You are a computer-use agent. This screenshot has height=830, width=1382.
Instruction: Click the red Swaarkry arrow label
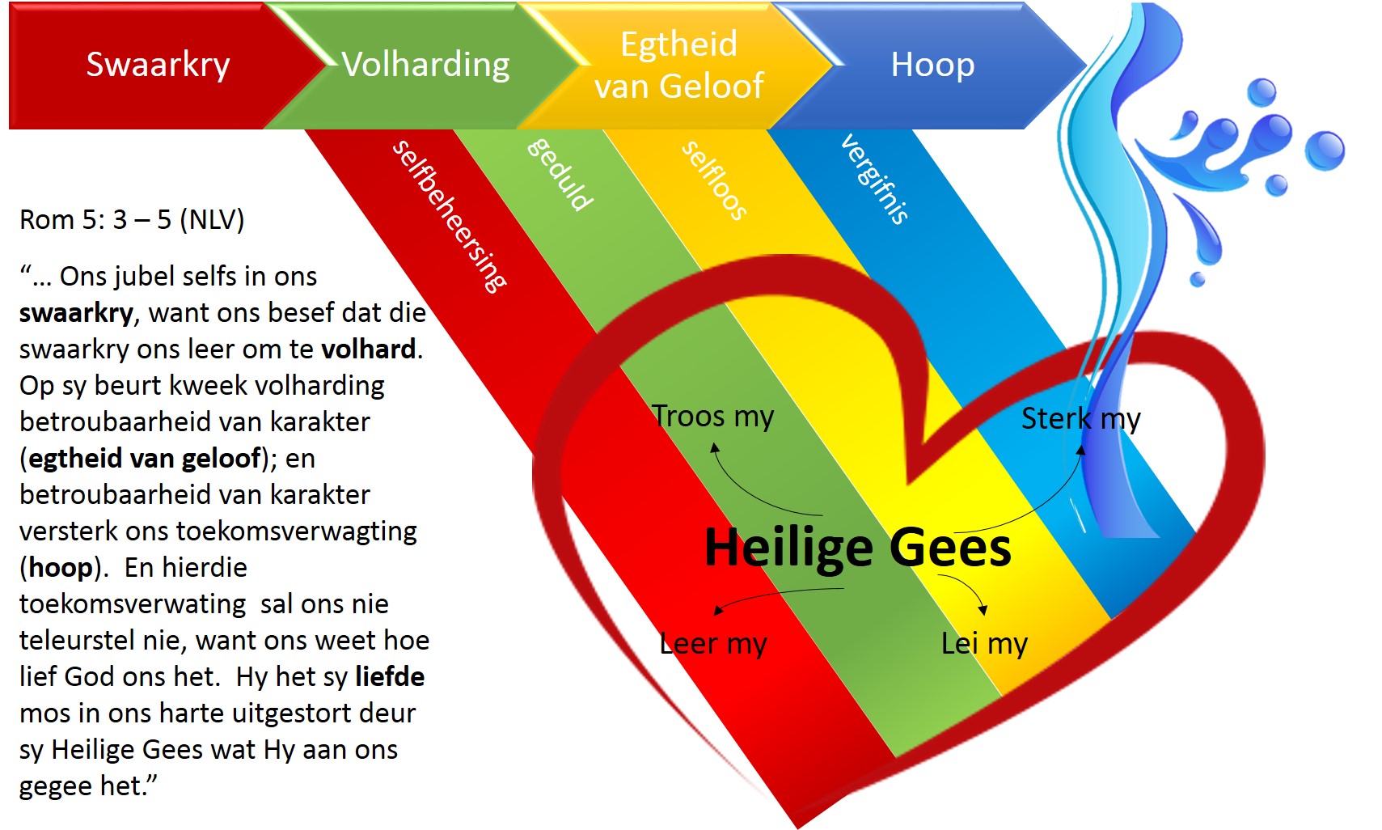[158, 65]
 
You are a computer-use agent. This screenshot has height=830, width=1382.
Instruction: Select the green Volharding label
[425, 65]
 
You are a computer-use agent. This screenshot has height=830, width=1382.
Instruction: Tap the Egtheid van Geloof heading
[679, 65]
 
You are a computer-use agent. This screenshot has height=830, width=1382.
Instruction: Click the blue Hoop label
[932, 65]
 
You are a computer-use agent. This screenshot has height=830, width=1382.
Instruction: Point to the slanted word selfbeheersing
[450, 216]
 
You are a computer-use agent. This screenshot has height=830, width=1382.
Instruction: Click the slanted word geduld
[560, 174]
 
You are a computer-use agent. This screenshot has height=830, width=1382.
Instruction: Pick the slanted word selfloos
[714, 180]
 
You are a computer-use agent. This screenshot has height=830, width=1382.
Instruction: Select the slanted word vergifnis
[875, 179]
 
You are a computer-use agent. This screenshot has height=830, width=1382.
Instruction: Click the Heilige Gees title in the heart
[858, 548]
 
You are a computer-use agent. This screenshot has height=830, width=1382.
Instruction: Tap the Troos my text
[713, 417]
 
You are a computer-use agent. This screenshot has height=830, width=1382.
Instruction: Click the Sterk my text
[1080, 419]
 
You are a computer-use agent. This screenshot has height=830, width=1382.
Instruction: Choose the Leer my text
[713, 644]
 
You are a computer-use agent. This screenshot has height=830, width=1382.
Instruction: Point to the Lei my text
[984, 644]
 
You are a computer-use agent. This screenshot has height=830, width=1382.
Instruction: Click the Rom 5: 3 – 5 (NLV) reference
[132, 219]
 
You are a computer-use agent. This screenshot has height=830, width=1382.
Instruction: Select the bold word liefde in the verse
[390, 676]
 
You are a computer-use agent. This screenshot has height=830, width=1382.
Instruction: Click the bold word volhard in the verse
[369, 349]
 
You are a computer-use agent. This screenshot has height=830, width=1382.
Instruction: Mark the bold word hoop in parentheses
[61, 567]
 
